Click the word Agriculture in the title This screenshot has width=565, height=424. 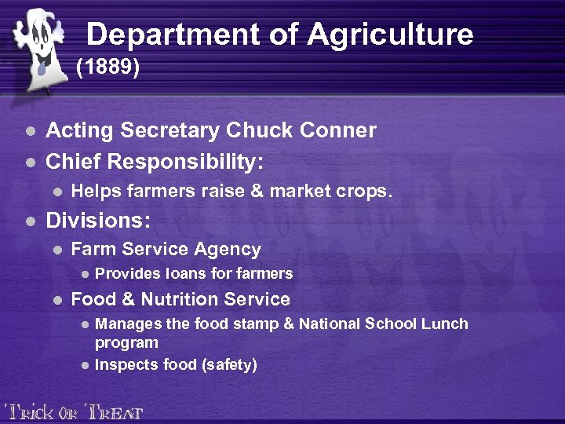click(x=390, y=35)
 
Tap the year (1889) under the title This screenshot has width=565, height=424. click(x=108, y=68)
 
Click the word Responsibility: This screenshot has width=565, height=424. click(x=186, y=162)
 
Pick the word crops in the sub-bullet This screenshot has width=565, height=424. click(x=367, y=192)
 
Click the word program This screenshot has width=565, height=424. click(x=126, y=343)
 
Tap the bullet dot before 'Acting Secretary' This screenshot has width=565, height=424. click(x=30, y=131)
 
